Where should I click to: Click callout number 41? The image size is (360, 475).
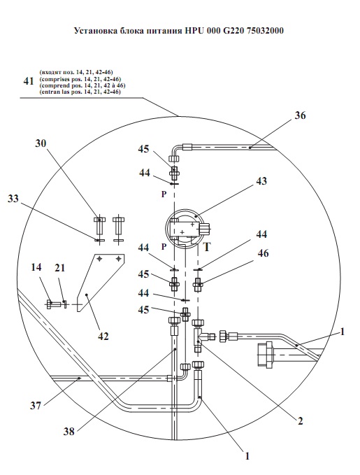(x=29, y=81)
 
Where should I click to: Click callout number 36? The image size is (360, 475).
(x=300, y=115)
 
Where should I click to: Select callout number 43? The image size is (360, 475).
(x=261, y=181)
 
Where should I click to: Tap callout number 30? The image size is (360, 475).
(x=41, y=143)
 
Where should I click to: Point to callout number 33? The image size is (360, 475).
(x=13, y=199)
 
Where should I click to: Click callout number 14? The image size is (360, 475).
(x=36, y=267)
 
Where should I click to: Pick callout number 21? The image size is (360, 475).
(x=59, y=268)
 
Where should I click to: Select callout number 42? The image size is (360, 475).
(x=103, y=336)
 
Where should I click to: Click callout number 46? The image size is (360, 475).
(x=263, y=253)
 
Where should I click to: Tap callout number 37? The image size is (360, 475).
(x=35, y=405)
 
